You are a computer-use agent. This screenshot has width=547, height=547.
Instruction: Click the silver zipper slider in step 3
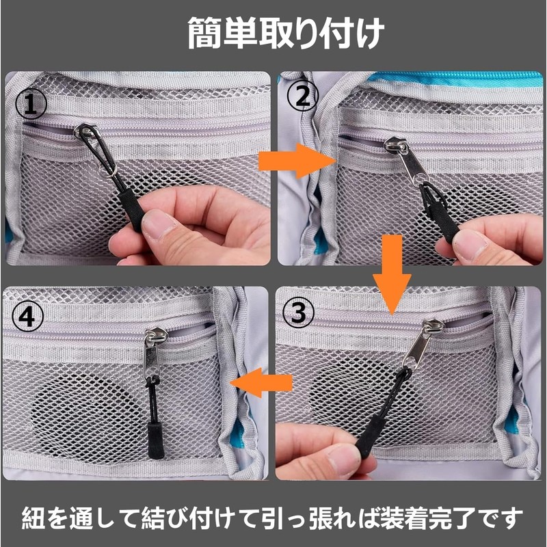click(x=421, y=342)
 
